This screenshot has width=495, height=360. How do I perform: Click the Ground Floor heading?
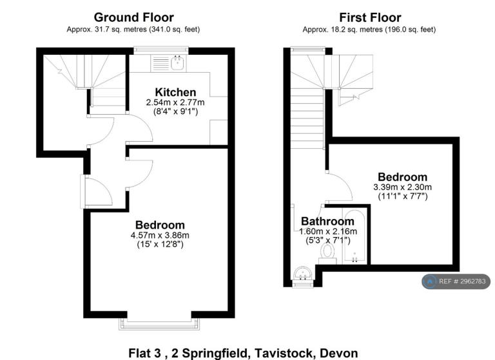(134, 17)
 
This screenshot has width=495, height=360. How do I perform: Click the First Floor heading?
(370, 17)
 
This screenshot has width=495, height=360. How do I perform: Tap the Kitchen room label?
(175, 92)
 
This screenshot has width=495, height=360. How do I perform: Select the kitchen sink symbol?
(178, 62)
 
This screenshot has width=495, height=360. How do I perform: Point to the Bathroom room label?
(327, 221)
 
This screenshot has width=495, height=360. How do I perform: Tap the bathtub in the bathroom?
(355, 236)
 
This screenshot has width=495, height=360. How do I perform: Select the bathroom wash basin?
(303, 273)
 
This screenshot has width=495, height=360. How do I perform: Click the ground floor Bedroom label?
(160, 225)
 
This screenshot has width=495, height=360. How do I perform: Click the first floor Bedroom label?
(402, 176)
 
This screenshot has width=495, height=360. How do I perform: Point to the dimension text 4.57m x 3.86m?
(160, 235)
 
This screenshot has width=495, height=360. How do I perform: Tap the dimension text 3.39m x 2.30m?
(402, 187)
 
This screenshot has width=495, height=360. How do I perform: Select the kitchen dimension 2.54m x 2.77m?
(175, 102)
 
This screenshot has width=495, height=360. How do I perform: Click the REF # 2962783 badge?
(456, 281)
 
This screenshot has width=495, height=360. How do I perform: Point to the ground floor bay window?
(159, 324)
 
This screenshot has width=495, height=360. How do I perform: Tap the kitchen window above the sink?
(161, 50)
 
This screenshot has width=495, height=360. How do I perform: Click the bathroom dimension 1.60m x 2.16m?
(328, 231)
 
